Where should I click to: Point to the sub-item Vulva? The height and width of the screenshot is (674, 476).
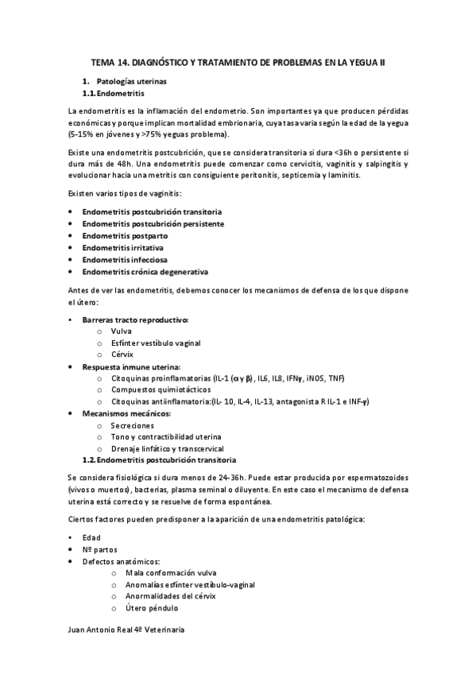coord(122,331)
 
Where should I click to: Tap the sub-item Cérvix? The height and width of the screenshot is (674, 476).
coord(122,354)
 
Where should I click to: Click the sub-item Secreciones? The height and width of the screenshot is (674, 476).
coord(133,425)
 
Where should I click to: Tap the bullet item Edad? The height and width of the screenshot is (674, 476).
coord(91,536)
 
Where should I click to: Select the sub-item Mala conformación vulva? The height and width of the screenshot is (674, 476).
coord(170,572)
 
